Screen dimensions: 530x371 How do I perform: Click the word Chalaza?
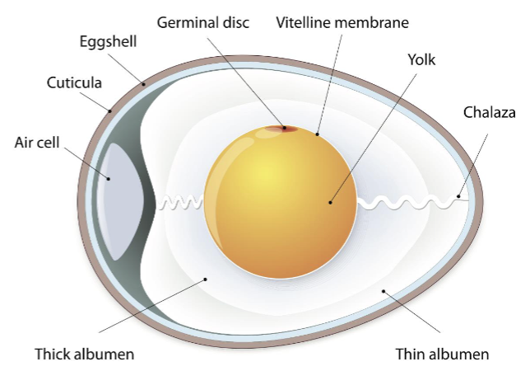489,113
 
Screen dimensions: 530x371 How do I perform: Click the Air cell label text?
38,141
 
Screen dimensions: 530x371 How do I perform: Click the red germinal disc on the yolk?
281,128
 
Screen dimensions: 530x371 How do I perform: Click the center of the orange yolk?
281,203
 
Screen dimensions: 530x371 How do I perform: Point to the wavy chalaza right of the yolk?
407,200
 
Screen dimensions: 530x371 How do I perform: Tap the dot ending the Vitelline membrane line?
317,133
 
